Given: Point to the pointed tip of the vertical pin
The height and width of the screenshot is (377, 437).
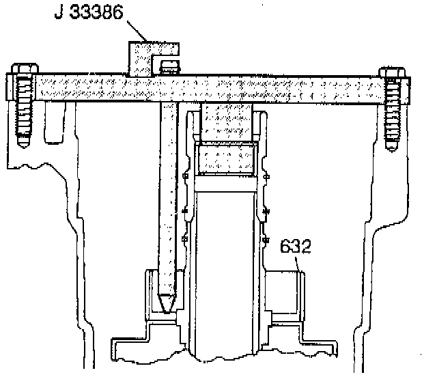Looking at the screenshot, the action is pos(166,301).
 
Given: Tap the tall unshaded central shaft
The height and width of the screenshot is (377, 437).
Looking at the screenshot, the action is pos(226,273).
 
